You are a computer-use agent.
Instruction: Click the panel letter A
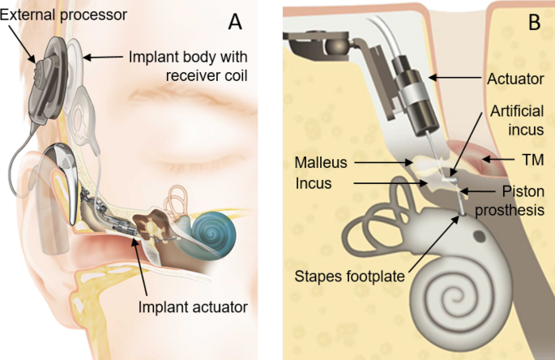235,21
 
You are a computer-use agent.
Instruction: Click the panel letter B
533,23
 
